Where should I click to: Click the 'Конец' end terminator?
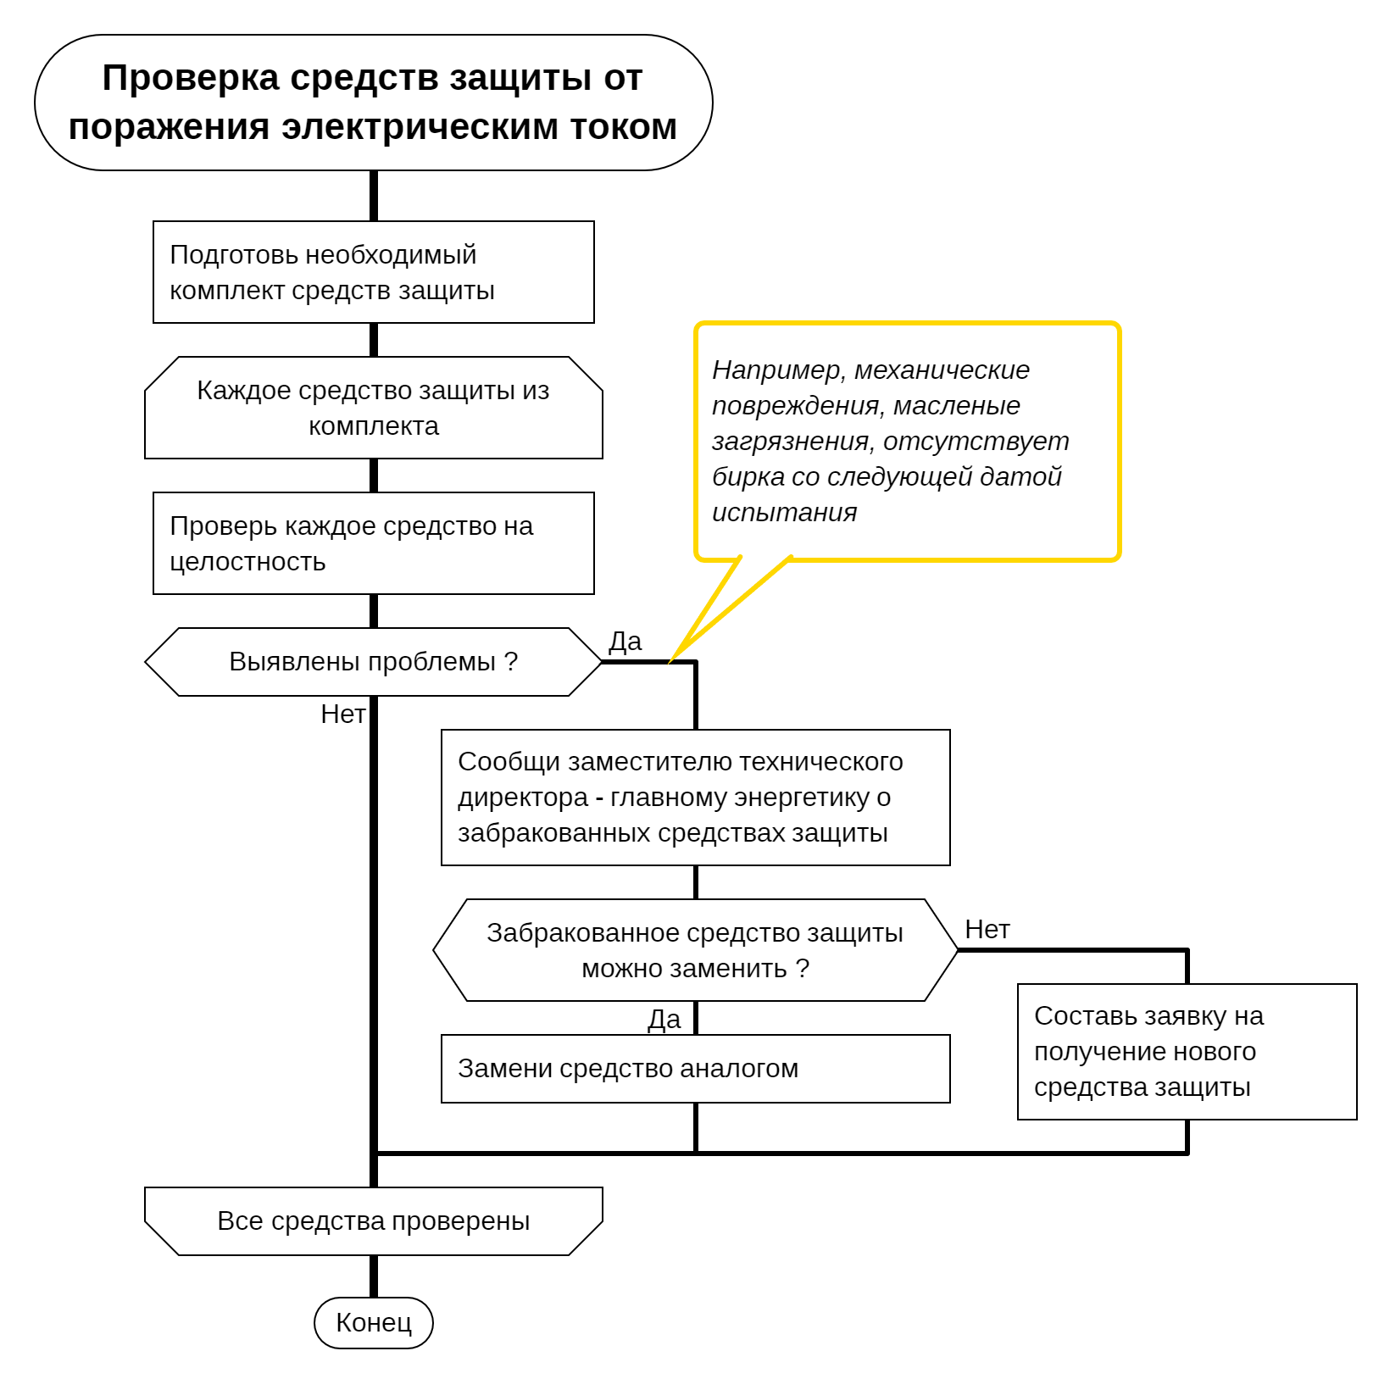pyautogui.click(x=373, y=1322)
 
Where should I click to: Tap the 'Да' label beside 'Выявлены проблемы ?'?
pyautogui.click(x=625, y=642)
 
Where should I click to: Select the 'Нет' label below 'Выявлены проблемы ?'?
pyautogui.click(x=342, y=714)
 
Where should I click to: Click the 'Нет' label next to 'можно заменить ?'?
pyautogui.click(x=987, y=930)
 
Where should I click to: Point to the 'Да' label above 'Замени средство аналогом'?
pyautogui.click(x=664, y=1020)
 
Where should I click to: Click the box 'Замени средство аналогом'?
pyautogui.click(x=695, y=1069)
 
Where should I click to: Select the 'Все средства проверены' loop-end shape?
pyautogui.click(x=373, y=1220)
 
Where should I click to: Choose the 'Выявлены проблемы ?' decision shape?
pyautogui.click(x=373, y=662)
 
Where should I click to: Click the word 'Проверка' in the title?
pyautogui.click(x=191, y=78)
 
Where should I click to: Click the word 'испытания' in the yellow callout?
pyautogui.click(x=785, y=513)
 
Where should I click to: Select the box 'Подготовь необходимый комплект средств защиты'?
pyautogui.click(x=373, y=272)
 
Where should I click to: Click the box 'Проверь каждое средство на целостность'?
pyautogui.click(x=373, y=543)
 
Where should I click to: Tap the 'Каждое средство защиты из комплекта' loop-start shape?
pyautogui.click(x=373, y=408)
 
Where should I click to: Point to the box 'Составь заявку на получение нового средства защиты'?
pyautogui.click(x=1187, y=1052)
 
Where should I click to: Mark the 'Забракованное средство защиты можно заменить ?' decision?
pyautogui.click(x=695, y=950)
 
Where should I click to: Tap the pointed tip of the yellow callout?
pyautogui.click(x=670, y=661)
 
